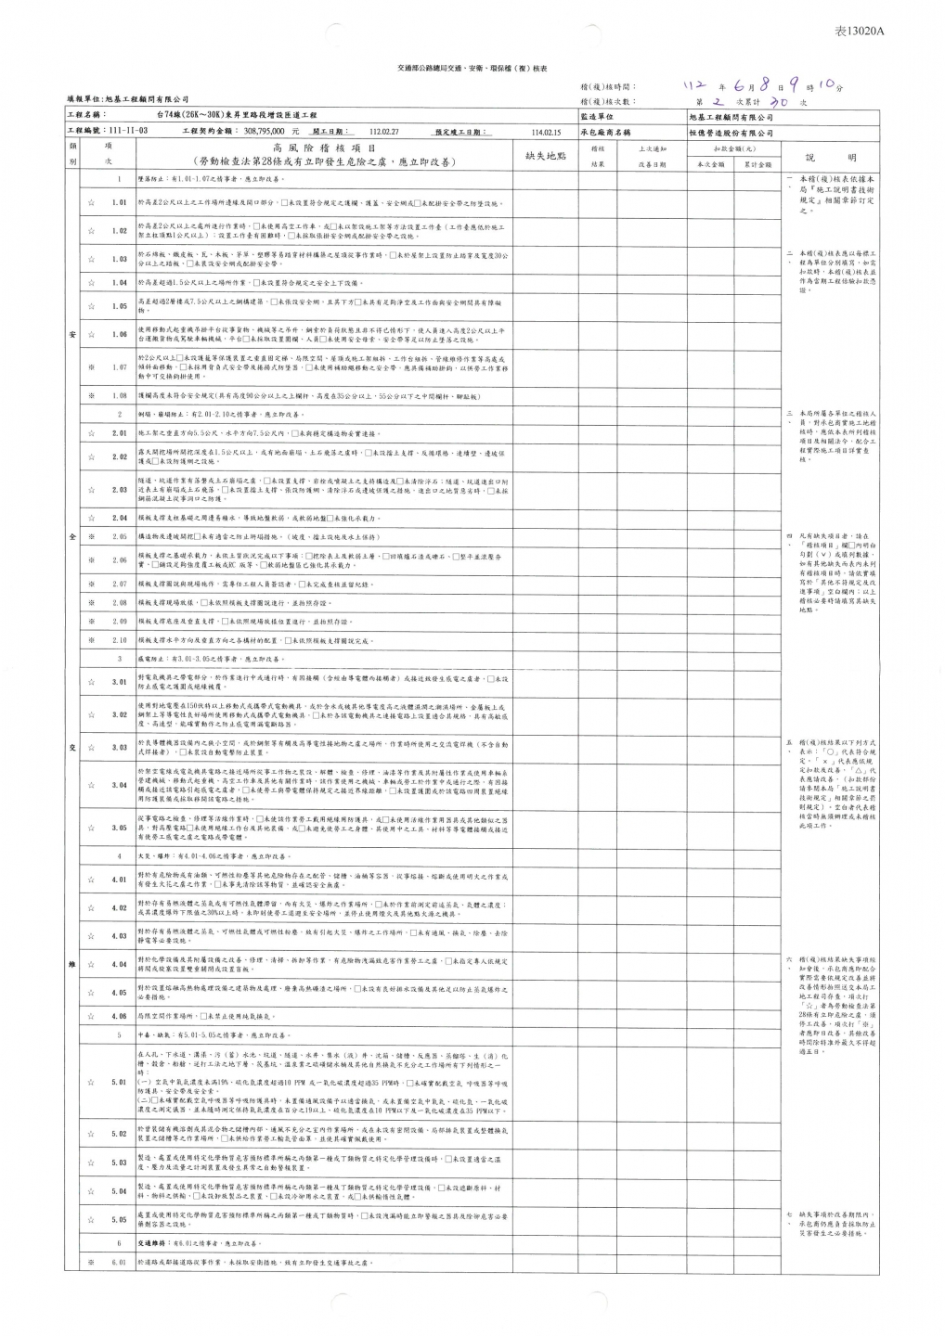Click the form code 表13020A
pos(861,31)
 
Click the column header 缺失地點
pos(546,156)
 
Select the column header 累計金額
pos(757,164)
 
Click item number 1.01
pos(119,202)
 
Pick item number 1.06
pos(119,334)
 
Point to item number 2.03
pos(119,489)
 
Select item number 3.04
pos(119,785)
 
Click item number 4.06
pos(119,1016)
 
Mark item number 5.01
pos(119,1082)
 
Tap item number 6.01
pos(119,1263)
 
